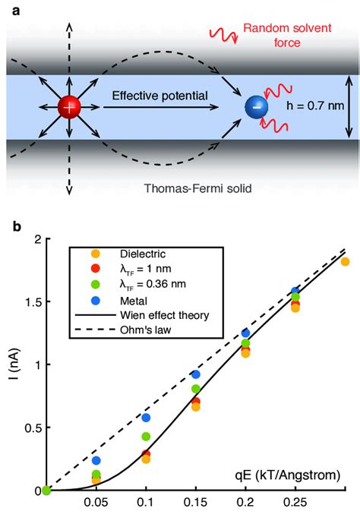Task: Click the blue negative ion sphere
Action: pos(256,109)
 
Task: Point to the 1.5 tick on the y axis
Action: pos(31,302)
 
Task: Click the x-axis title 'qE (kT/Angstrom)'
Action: pos(286,475)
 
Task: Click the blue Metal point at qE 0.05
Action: pos(96,461)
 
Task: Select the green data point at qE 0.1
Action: pos(146,437)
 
